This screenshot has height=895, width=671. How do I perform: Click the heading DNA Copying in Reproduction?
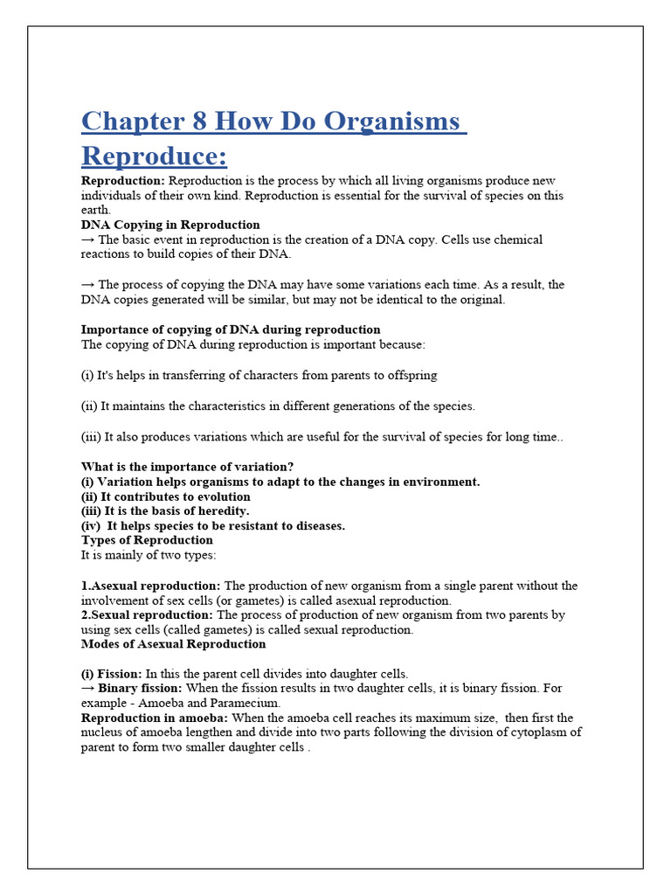(170, 225)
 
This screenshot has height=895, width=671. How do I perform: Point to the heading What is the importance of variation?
(187, 467)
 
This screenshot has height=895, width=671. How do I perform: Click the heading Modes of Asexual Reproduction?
(173, 644)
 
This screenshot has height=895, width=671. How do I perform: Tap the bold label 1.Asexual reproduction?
(151, 586)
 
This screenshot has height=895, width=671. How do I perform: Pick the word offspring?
(410, 375)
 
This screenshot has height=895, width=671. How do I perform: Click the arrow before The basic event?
(88, 239)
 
